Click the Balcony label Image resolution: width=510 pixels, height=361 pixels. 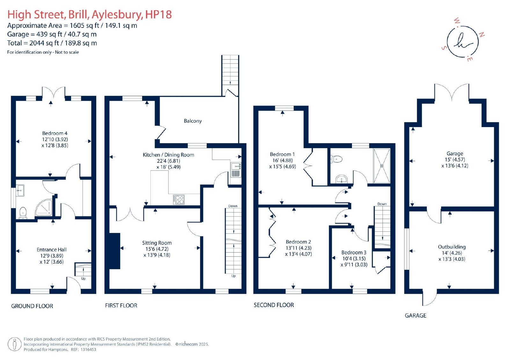pos(193,121)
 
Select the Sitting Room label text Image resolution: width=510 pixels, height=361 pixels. pos(157,243)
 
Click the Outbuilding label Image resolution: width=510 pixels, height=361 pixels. pos(452,247)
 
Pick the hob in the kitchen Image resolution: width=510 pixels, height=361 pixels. pos(179,199)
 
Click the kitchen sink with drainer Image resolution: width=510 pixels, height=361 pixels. pos(236,170)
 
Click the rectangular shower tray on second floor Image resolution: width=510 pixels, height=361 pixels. pos(382,166)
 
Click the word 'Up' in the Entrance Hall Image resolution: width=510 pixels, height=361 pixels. pos(83,278)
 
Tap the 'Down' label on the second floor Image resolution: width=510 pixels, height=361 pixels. pos(382,204)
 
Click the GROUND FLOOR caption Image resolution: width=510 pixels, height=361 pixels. pos(32,306)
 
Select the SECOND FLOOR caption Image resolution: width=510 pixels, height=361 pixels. pos(274,305)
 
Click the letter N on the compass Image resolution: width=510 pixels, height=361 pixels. pos(482,35)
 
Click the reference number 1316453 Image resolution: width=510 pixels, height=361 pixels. pos(88,350)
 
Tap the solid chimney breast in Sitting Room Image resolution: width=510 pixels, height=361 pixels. pos(115,251)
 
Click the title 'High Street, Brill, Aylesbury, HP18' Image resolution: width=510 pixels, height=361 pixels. pos(90,14)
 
